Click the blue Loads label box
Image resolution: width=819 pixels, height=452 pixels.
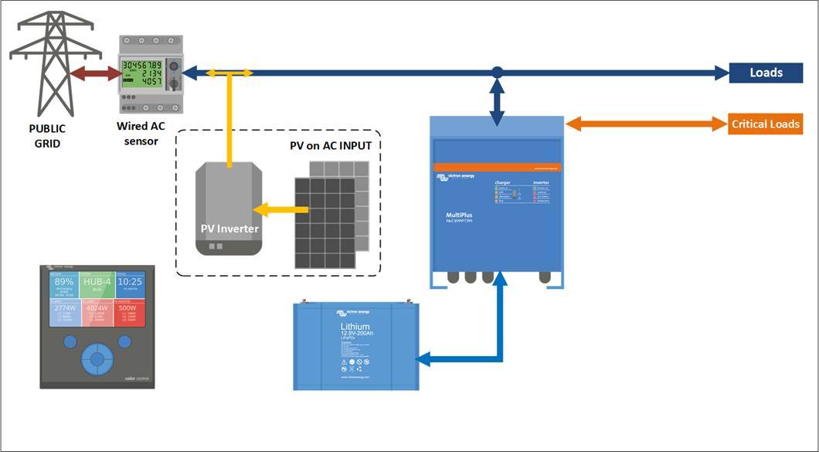766,73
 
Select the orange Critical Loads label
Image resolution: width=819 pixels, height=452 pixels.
765,124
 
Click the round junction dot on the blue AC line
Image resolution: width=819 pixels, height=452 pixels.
498,73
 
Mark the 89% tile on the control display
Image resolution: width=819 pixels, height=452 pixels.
65,286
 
